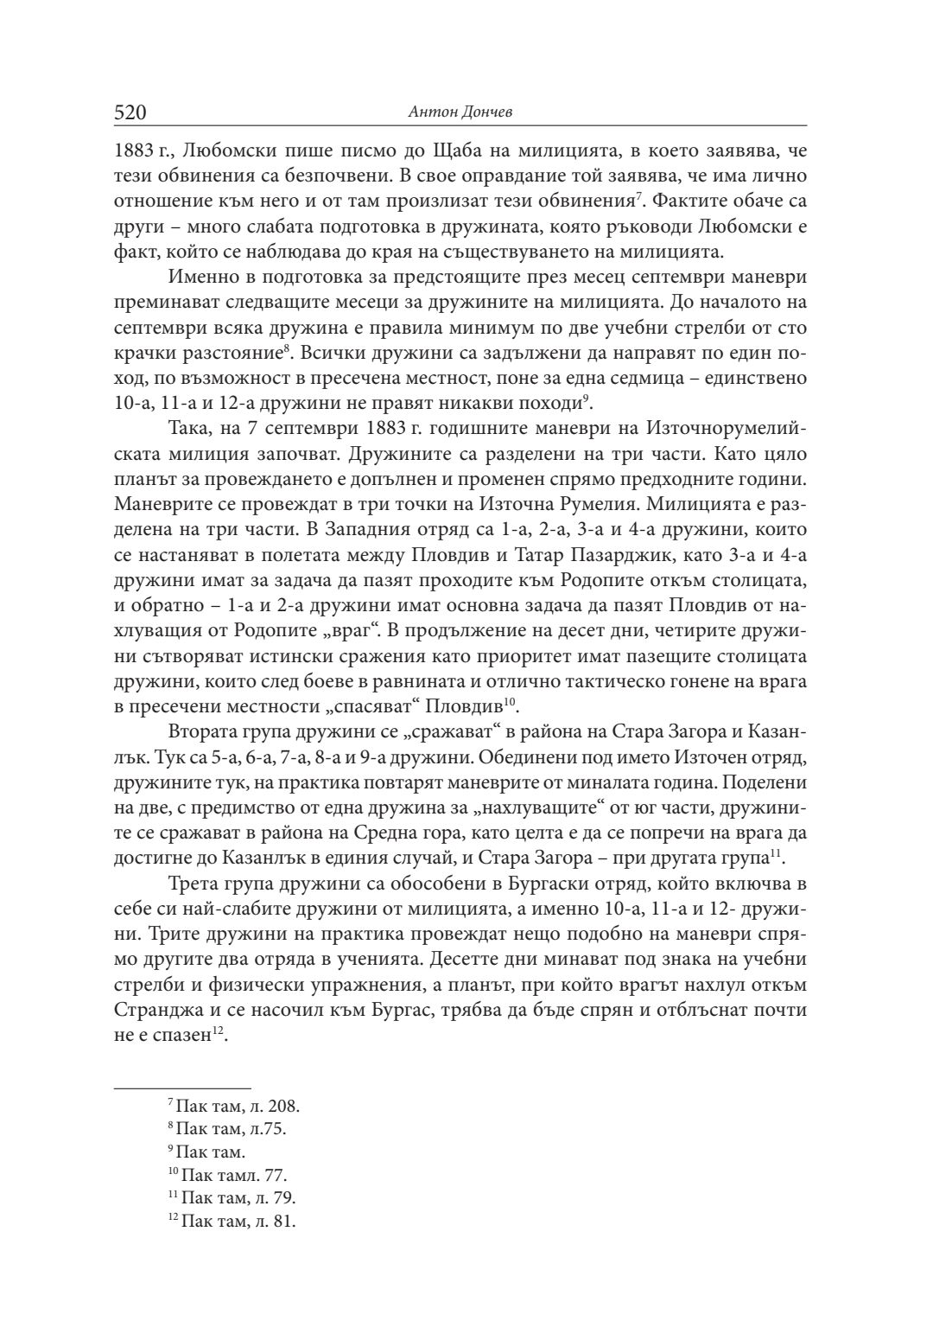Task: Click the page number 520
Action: (x=130, y=112)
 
